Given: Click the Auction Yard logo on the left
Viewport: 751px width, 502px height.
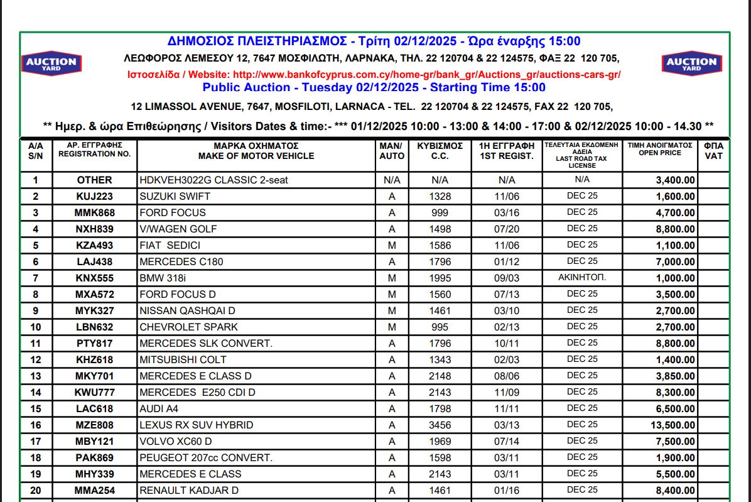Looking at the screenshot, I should coord(51,63).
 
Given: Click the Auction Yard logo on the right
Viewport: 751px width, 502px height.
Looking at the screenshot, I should coord(691,63).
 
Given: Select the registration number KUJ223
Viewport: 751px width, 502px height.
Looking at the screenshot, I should coord(94,196).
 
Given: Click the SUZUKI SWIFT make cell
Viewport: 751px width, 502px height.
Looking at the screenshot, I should coord(175,196).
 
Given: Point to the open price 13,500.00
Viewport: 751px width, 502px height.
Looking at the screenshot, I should coord(669,425).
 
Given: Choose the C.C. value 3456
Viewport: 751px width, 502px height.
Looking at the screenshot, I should coord(440,425).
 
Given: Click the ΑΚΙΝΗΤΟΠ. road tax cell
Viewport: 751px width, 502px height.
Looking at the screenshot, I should coord(581,278).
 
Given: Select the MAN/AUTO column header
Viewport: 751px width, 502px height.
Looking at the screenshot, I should coord(392,151).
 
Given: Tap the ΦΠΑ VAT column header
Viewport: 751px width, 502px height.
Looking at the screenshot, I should coord(714,151).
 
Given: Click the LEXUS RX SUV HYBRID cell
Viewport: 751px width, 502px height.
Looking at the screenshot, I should coord(197,425).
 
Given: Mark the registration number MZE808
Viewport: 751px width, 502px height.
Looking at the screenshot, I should coord(94,425).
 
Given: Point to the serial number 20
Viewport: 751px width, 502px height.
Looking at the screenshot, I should coord(35,490).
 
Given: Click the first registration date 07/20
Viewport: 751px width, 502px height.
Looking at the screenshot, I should coord(506,229).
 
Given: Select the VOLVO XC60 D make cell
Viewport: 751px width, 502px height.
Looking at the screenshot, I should coord(176,441).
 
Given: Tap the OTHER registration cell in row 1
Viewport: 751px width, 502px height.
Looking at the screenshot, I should coord(94,180).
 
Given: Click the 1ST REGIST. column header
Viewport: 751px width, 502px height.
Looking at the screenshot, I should coord(506,151).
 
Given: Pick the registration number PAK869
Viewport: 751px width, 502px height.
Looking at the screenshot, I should coord(94,457).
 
